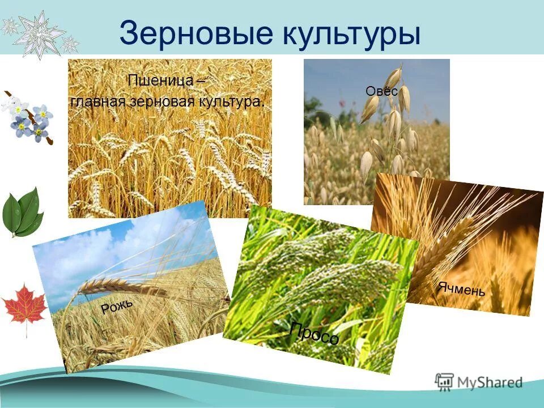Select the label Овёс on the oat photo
[381, 90]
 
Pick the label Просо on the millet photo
[314, 333]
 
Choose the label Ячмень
[461, 288]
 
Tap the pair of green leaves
[23, 212]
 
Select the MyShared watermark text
[490, 382]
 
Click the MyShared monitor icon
[445, 382]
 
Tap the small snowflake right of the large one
[70, 43]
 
